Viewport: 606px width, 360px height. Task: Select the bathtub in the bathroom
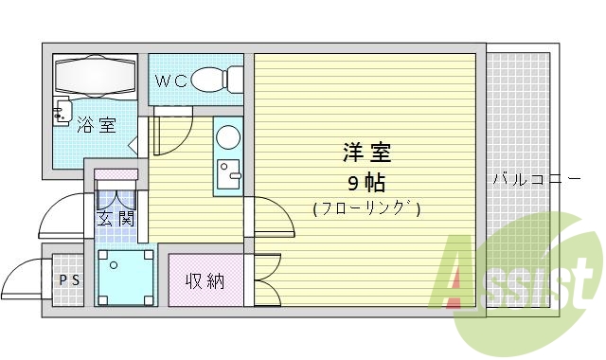coord(98,76)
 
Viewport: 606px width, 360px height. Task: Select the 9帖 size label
coord(365,182)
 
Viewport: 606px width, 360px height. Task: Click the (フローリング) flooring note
coord(366,208)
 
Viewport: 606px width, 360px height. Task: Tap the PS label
coord(68,280)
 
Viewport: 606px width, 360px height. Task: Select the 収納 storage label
coord(205,280)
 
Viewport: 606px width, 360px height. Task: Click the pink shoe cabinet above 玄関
coord(116,174)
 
